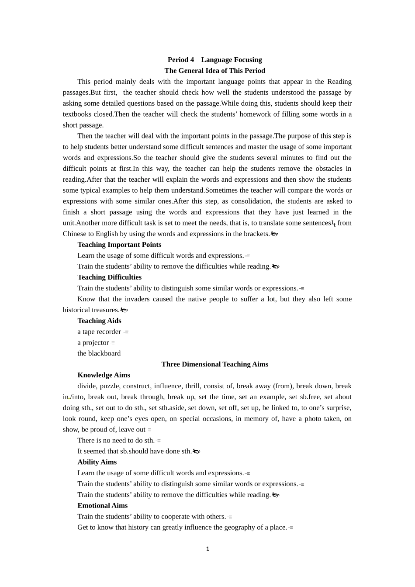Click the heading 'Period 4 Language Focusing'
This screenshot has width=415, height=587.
214,60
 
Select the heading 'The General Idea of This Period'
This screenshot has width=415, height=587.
214,71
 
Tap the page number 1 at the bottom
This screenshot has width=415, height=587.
207,549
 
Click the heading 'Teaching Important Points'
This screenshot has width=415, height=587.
119,245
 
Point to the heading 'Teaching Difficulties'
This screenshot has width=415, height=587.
109,277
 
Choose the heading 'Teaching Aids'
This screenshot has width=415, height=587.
99,321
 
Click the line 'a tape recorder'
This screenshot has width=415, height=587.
99,331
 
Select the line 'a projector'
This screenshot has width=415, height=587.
93,342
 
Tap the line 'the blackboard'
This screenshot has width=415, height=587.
99,353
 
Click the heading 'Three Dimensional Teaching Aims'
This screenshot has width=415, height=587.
214,364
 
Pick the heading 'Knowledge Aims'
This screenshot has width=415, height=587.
104,375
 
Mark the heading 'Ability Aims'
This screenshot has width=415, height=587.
97,462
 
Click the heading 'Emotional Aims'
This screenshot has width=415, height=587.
102,506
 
